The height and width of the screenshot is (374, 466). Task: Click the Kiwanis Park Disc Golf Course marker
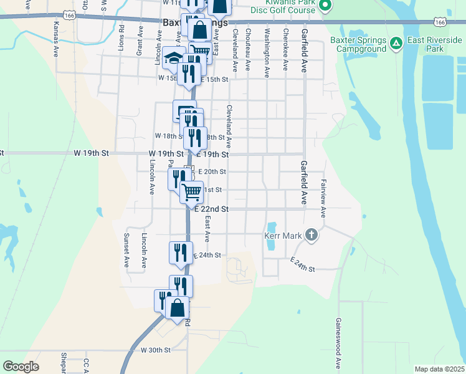point(324,6)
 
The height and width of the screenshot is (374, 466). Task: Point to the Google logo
point(21,367)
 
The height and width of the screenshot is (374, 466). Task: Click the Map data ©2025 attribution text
point(439,369)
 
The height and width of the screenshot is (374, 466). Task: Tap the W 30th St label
point(155,350)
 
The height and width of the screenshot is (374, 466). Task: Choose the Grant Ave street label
point(140,41)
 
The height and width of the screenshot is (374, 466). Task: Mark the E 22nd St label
point(212,209)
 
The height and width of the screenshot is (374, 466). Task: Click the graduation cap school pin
point(172,58)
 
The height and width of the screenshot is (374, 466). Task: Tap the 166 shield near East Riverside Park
point(441,22)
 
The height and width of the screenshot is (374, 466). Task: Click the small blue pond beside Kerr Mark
point(272,237)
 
